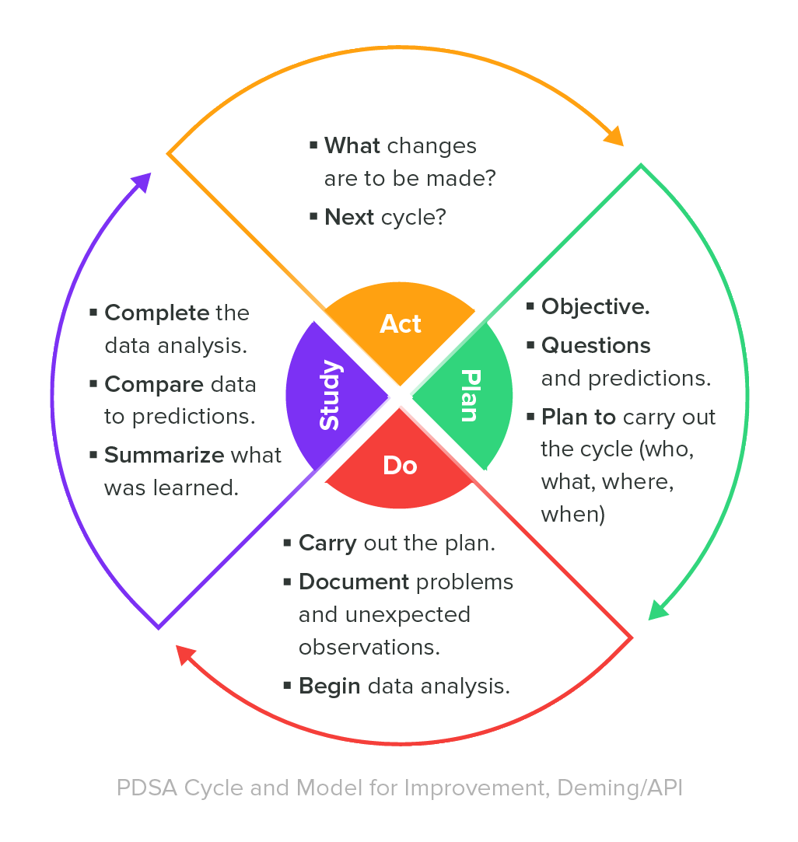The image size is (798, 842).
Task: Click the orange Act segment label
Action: [400, 323]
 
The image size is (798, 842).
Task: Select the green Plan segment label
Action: [469, 395]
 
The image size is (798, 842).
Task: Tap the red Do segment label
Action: [400, 465]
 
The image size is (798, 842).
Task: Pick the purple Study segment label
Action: [330, 395]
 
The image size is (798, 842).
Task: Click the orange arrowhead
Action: [614, 136]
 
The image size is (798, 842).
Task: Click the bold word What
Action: [352, 146]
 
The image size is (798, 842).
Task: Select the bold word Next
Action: [349, 217]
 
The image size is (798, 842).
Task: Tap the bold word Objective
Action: [595, 306]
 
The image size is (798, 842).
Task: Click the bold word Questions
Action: [596, 344]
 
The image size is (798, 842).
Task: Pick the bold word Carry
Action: [327, 543]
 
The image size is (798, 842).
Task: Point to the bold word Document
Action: [354, 582]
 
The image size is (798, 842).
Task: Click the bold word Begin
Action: [330, 686]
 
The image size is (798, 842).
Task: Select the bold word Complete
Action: [157, 313]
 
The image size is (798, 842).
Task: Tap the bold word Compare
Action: [153, 384]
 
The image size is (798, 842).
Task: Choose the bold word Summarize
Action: [164, 455]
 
